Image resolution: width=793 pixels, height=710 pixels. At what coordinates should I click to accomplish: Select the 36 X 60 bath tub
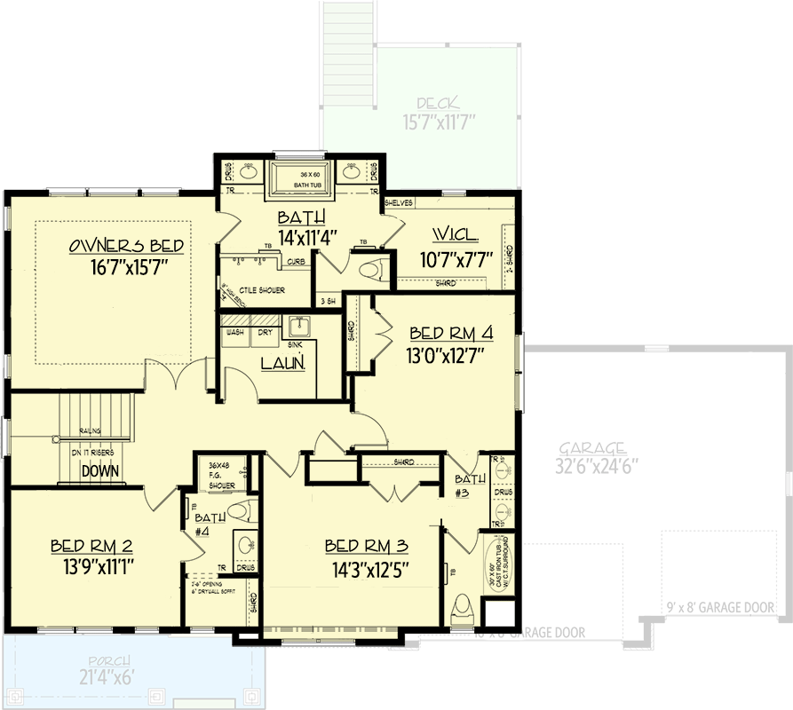(301, 180)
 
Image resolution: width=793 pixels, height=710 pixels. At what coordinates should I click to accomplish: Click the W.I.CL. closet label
(455, 236)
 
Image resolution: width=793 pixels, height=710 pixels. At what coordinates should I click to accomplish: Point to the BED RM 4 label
(450, 334)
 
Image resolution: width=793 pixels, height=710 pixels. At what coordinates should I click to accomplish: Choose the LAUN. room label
(283, 363)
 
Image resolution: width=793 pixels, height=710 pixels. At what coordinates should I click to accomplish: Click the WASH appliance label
(235, 332)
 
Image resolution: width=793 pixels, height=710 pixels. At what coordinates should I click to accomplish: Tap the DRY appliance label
(265, 332)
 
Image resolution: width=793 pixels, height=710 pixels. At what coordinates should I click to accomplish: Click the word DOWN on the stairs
(100, 471)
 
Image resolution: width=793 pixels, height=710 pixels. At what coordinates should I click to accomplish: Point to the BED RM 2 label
(92, 544)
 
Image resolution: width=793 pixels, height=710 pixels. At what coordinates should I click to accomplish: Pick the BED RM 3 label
(365, 545)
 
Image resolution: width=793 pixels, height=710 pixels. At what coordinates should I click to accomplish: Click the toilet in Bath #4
(240, 511)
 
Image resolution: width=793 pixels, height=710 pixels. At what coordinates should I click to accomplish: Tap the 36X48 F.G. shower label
(221, 474)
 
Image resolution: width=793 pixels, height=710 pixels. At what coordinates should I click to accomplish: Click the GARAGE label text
(593, 448)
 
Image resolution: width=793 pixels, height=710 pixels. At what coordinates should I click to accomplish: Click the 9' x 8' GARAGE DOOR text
(719, 608)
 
